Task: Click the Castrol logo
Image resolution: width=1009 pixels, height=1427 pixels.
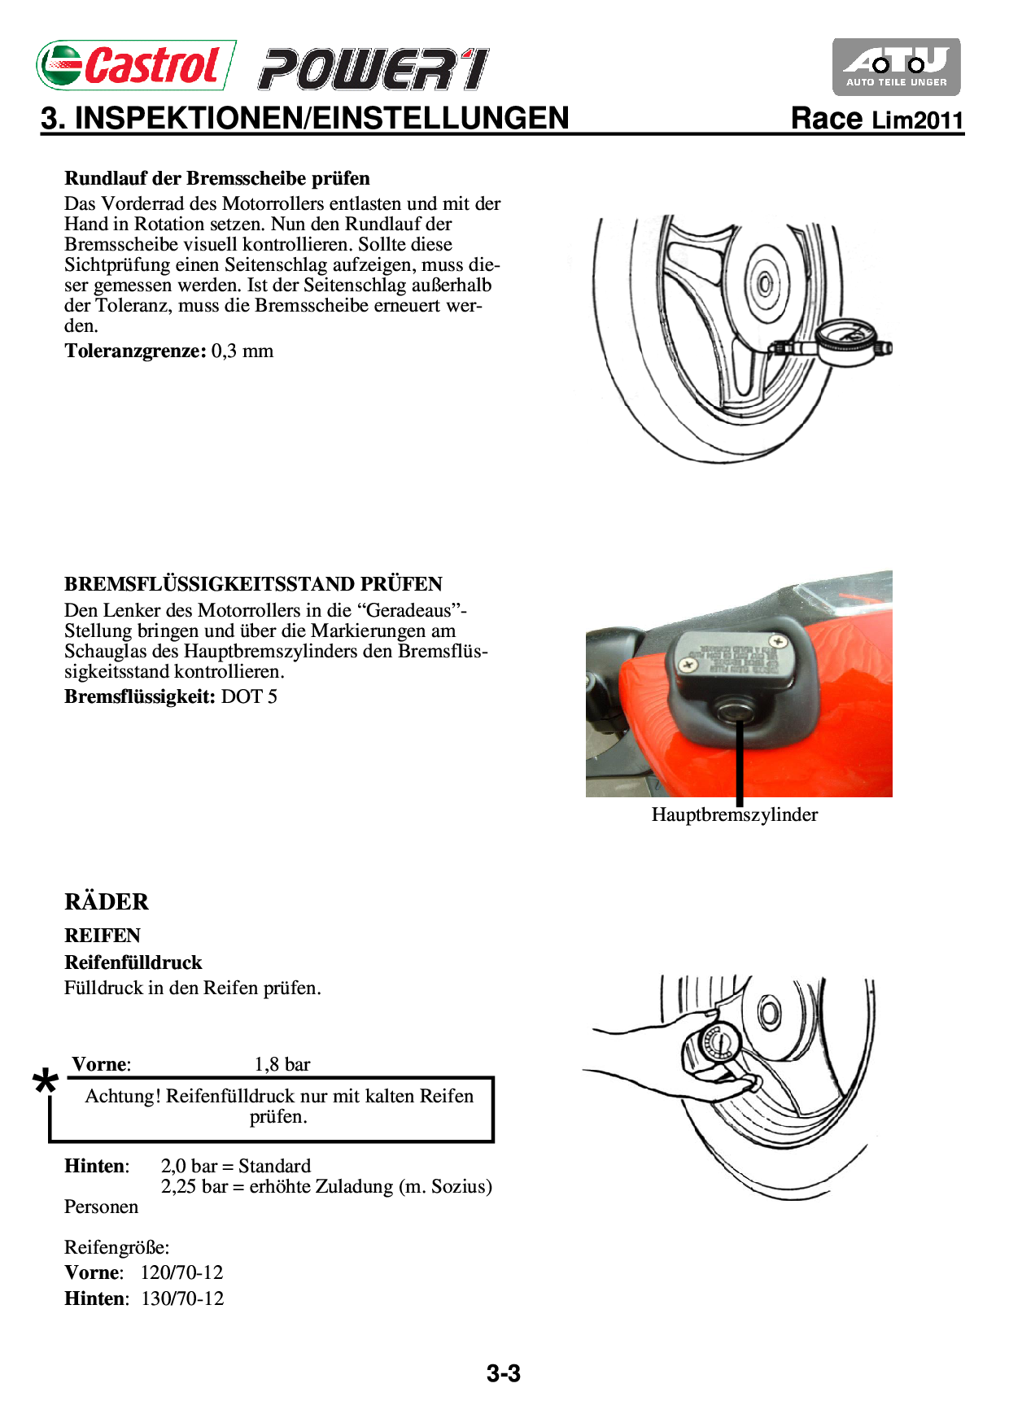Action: pos(136,65)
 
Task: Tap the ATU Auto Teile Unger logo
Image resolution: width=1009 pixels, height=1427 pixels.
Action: pos(896,67)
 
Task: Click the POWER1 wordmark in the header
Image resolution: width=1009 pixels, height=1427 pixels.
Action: pos(373,69)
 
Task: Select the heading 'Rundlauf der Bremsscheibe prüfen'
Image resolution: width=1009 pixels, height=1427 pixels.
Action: pos(217,178)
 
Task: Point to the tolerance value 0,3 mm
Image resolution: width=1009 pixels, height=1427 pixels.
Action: pos(242,351)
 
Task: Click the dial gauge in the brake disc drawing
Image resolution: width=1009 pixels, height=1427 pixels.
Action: pos(847,343)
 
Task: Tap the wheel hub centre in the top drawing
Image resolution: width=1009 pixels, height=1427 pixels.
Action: pos(765,284)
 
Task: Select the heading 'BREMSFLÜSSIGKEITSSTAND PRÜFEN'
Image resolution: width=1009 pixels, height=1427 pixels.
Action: pos(253,584)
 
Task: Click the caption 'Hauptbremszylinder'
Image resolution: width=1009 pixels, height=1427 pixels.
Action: pos(734,815)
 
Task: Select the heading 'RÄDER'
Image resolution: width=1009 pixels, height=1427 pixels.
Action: pos(107,902)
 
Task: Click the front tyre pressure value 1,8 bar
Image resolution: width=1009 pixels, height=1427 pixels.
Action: pos(282,1065)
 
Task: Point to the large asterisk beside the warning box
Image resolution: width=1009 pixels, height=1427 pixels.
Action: pos(46,1083)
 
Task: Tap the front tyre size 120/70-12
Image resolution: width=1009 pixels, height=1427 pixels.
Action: pos(181,1273)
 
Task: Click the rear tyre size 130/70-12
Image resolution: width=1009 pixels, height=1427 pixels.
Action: pos(182,1299)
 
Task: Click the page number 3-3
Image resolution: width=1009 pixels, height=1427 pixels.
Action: pos(504,1374)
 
